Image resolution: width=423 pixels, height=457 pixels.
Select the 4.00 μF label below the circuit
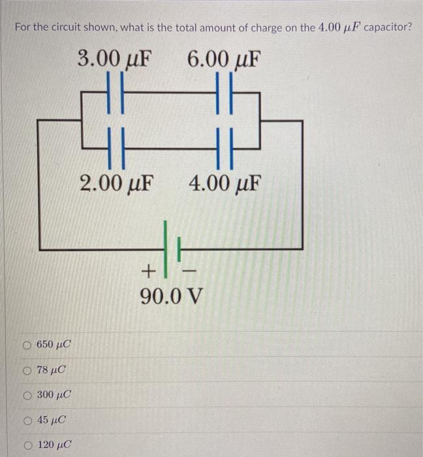click(224, 183)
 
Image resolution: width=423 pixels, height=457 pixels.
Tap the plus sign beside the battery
click(149, 269)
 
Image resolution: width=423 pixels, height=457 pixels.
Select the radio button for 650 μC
click(27, 344)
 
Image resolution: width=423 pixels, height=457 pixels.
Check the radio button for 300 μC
click(27, 395)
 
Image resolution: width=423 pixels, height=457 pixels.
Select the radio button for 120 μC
click(27, 445)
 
